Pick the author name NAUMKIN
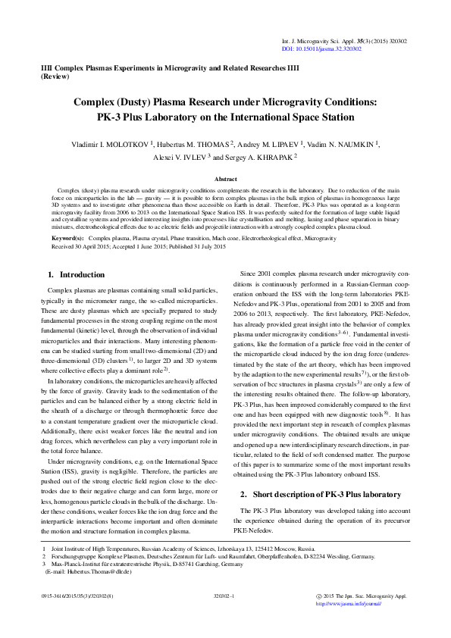(354, 143)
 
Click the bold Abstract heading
(225, 180)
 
